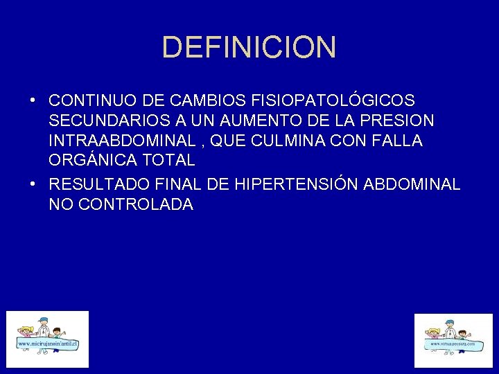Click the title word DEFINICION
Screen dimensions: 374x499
tap(249, 48)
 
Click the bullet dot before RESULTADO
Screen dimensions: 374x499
tap(33, 184)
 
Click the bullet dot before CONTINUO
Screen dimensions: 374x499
tap(33, 100)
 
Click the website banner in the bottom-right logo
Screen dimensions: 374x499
tap(453, 344)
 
